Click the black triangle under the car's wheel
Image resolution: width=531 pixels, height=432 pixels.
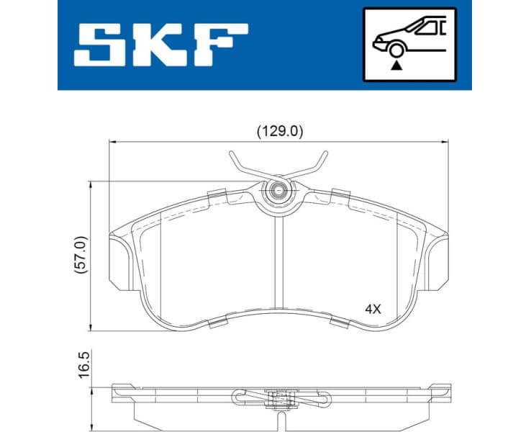(395, 65)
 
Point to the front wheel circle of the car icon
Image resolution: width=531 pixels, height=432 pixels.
(395, 49)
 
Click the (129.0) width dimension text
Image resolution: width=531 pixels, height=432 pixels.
(280, 132)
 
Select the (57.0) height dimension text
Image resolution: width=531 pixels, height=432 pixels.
(81, 256)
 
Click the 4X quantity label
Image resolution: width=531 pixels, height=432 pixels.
(373, 309)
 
